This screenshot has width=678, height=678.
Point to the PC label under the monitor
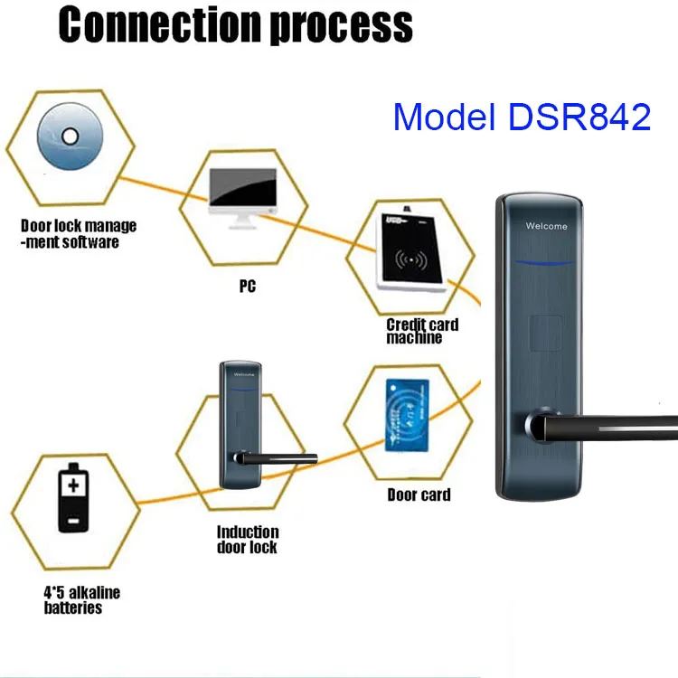[x=247, y=287]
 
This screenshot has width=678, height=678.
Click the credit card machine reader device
[x=411, y=255]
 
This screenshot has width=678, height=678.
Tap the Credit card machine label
[x=422, y=331]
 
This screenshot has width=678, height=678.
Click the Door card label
[x=419, y=494]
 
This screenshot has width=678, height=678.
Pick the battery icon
[x=71, y=501]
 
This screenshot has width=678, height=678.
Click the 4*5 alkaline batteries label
[x=82, y=600]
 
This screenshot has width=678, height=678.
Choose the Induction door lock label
[x=248, y=540]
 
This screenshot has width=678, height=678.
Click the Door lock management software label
[x=78, y=234]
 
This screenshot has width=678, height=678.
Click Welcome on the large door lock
[x=547, y=226]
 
